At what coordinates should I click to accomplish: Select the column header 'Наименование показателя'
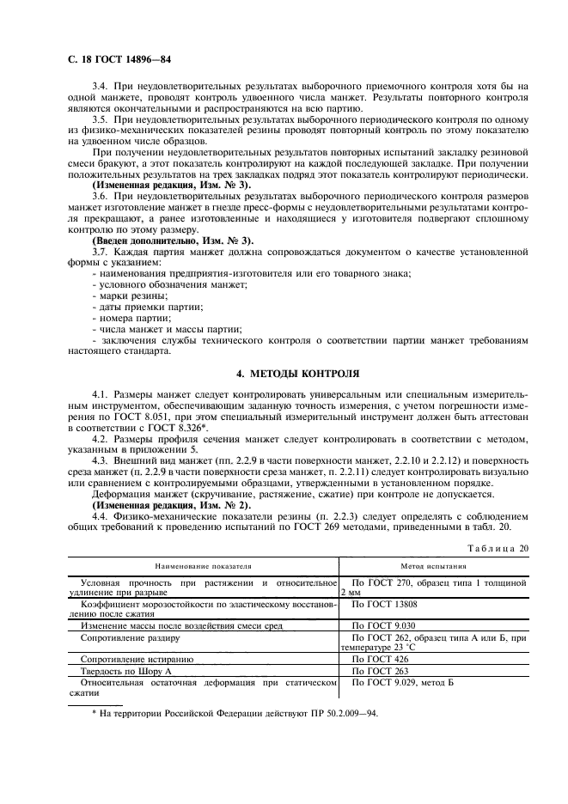click(203, 567)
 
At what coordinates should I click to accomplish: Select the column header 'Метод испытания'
click(433, 567)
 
